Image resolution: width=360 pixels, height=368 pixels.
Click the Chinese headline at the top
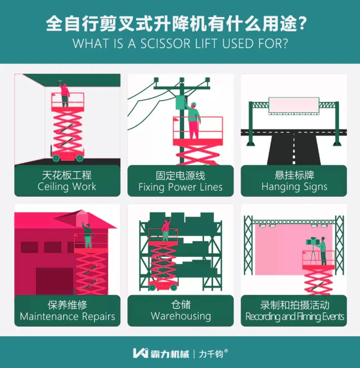coord(179,25)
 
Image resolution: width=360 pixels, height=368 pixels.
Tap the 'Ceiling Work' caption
coord(67,186)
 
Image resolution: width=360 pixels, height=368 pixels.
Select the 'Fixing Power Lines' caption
coord(180,187)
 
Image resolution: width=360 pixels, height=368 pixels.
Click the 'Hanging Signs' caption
coord(294,187)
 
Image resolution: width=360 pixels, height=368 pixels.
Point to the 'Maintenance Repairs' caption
coord(67,317)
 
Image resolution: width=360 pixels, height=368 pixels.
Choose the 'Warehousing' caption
coord(180,316)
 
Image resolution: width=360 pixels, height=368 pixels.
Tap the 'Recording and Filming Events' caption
coord(294,317)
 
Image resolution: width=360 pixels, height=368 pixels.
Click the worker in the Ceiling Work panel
coord(65,95)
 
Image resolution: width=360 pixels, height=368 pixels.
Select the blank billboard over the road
coord(293,105)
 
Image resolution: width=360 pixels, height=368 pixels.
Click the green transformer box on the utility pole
coord(180,104)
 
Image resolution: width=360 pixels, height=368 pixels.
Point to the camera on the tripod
coord(313,242)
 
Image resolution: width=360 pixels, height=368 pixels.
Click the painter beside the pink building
coord(87,236)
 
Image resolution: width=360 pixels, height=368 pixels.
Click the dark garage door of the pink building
coord(55,281)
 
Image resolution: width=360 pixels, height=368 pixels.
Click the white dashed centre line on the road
coord(294,149)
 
